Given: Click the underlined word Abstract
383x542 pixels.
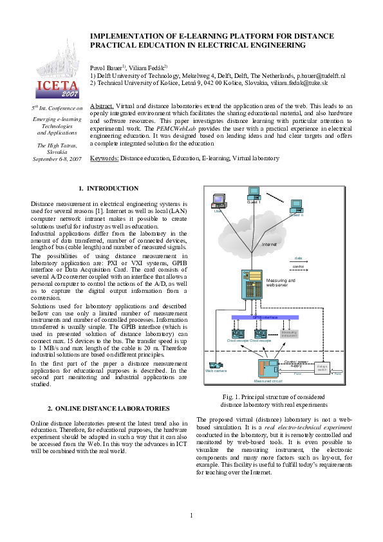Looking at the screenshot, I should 102,105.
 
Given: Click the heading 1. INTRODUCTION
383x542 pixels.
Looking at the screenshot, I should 108,189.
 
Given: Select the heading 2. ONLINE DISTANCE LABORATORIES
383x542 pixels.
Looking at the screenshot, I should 109,409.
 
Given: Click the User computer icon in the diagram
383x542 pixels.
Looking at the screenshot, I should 218,201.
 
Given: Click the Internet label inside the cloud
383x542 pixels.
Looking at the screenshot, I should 269,245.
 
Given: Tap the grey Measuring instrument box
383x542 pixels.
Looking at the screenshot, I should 289,333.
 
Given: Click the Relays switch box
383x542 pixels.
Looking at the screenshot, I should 322,368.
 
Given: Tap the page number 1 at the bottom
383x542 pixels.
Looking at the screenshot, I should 191,515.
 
